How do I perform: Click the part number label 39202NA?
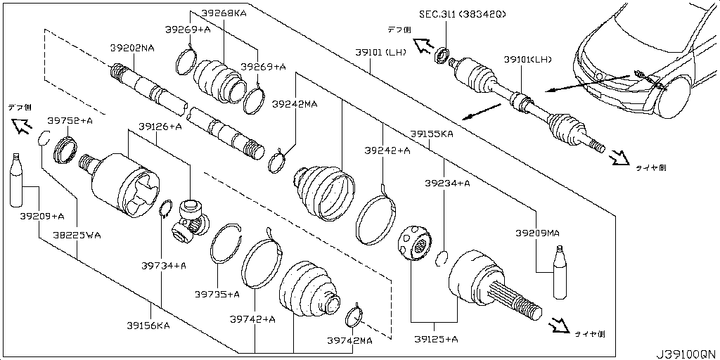click(x=131, y=49)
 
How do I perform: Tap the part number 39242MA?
click(x=295, y=104)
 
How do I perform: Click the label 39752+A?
click(x=70, y=121)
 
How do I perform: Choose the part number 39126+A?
click(x=160, y=127)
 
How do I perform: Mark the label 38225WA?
click(x=78, y=236)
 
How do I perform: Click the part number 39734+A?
click(x=163, y=265)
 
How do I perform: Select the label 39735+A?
click(x=217, y=294)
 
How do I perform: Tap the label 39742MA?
click(x=349, y=340)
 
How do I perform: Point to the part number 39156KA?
click(x=148, y=325)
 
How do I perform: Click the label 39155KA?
click(x=432, y=133)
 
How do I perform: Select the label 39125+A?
click(x=435, y=339)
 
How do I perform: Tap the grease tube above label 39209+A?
click(x=16, y=179)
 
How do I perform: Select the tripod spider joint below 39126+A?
click(x=191, y=218)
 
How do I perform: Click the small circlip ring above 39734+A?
click(x=166, y=209)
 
